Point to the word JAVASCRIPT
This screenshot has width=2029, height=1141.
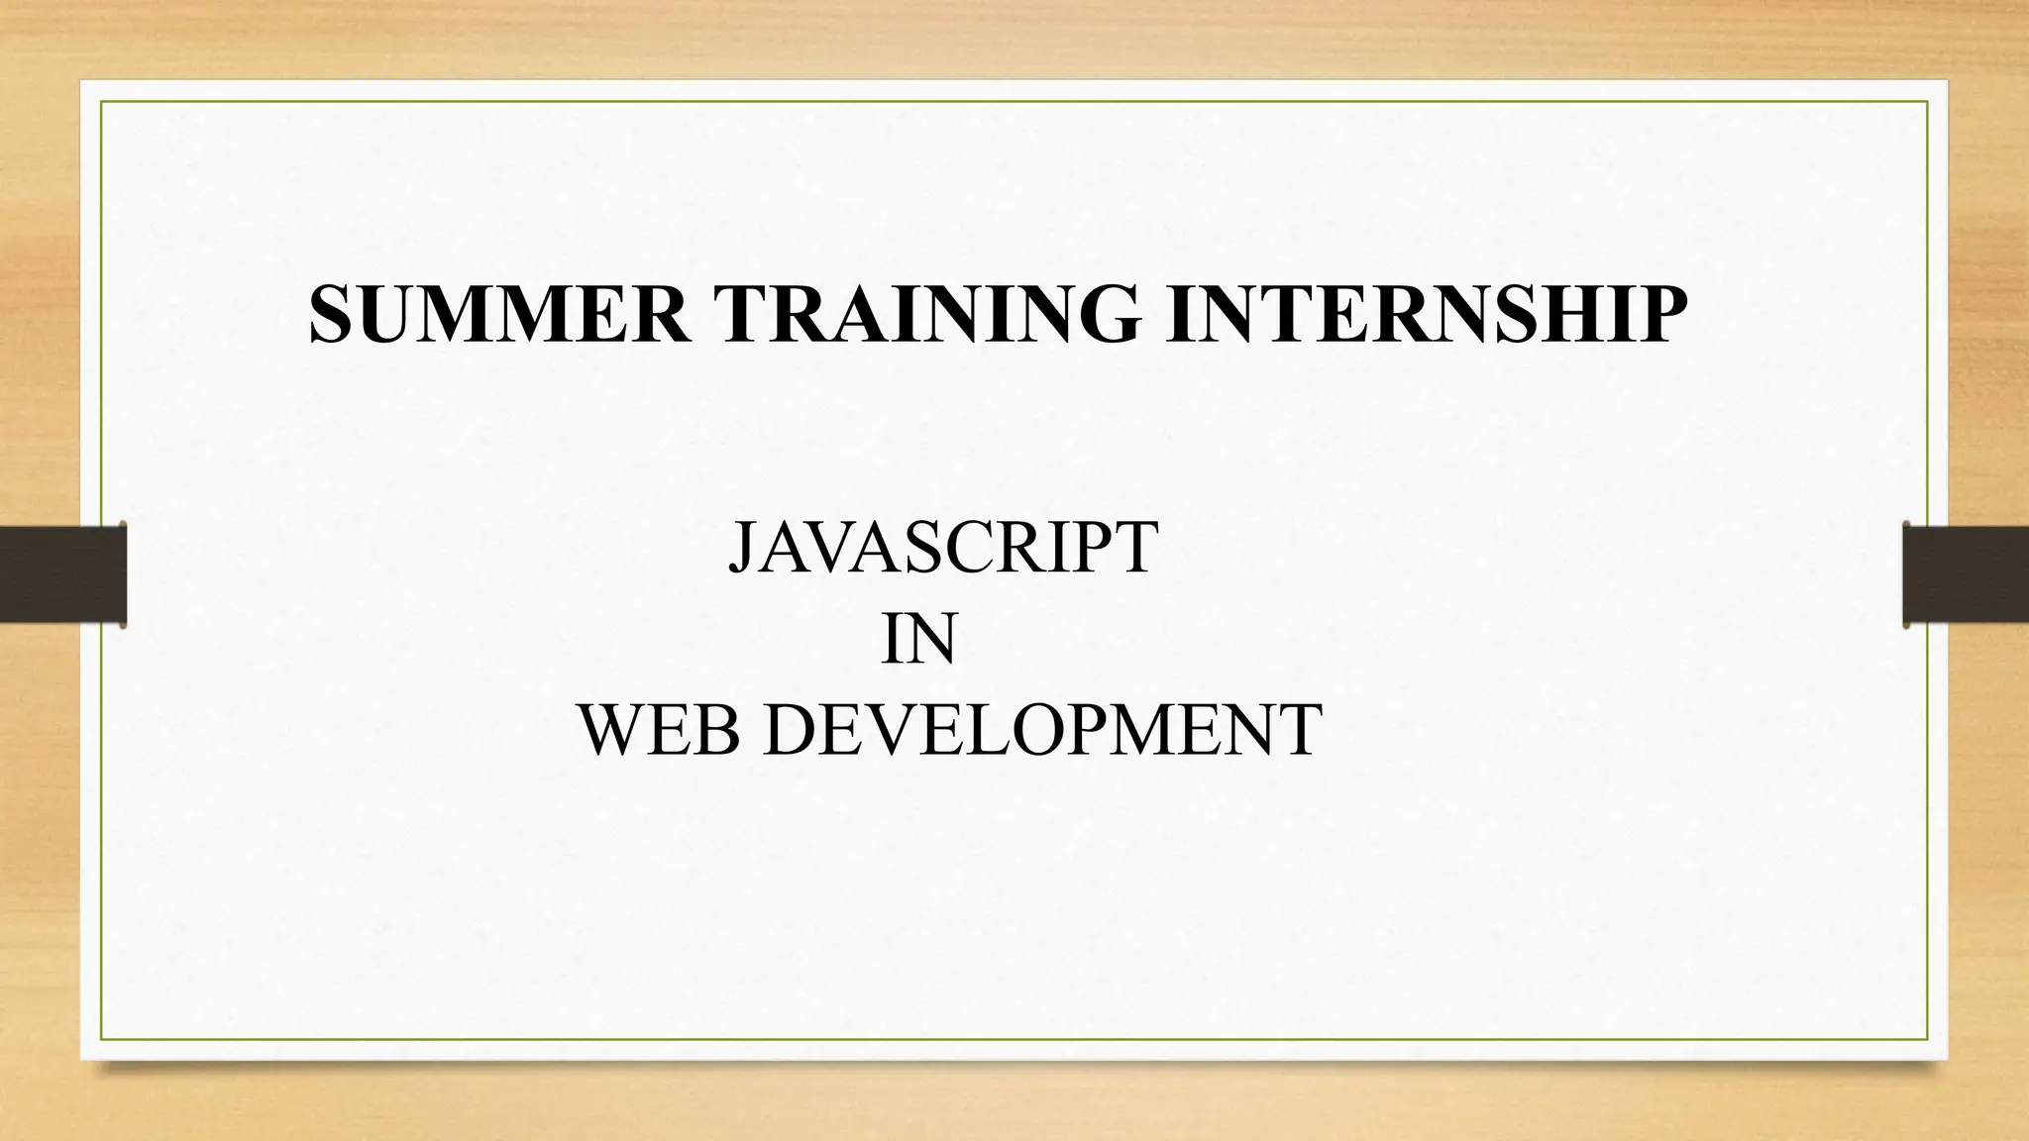click(x=942, y=547)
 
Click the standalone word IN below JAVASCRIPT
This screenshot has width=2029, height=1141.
click(x=918, y=640)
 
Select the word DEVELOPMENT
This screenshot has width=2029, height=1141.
click(x=1042, y=730)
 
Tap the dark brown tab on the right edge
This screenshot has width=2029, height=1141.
click(x=1966, y=574)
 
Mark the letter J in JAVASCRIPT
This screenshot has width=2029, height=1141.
click(x=743, y=548)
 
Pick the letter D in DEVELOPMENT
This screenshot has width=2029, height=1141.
click(x=792, y=730)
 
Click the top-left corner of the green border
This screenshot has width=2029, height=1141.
click(x=101, y=101)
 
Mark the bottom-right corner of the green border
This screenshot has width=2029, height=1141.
click(x=1928, y=1039)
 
